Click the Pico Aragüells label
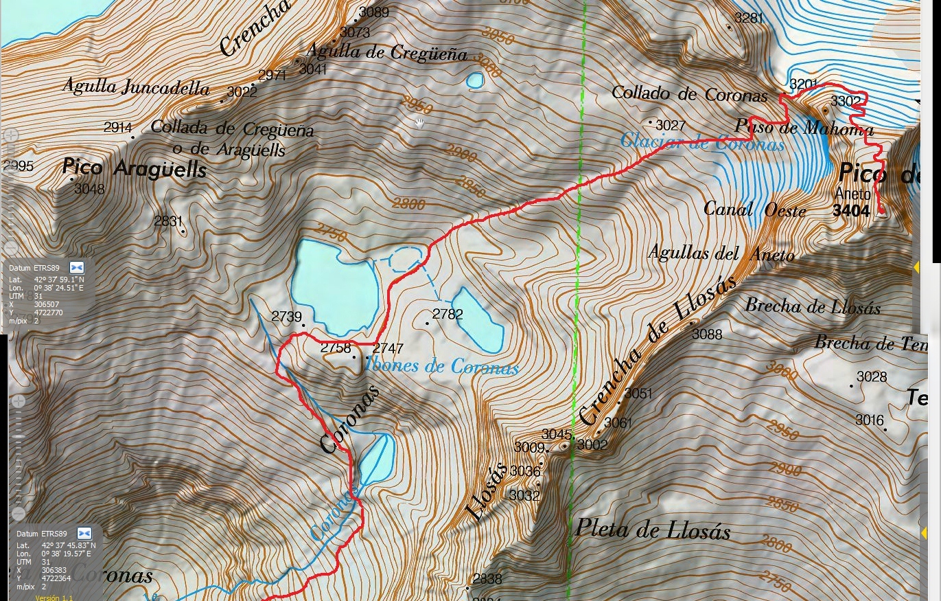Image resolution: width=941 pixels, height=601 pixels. point(134,168)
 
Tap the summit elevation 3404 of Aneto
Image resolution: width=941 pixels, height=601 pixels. point(851,211)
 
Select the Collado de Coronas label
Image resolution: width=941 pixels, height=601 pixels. point(689,93)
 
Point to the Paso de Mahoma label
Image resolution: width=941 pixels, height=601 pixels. point(804,128)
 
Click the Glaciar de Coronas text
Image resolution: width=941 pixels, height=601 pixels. point(701,143)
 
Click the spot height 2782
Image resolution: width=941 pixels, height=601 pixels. point(448,315)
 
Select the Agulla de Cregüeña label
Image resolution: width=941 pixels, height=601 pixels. point(386,52)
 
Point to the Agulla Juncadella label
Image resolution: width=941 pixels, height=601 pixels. point(136,87)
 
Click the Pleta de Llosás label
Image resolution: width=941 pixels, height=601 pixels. point(652,529)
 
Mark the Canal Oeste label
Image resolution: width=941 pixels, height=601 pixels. point(754,209)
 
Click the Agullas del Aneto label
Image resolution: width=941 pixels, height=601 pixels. point(721,253)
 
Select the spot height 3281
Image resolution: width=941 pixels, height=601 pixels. point(748,18)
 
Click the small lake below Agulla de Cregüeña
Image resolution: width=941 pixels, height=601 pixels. point(474,81)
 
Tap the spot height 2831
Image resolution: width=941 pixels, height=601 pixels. point(169,221)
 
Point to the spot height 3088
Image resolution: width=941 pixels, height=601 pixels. point(707,334)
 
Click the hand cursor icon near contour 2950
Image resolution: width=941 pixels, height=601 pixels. point(419,124)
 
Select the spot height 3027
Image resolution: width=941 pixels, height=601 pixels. point(670,125)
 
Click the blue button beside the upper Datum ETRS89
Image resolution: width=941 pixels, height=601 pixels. point(76,267)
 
